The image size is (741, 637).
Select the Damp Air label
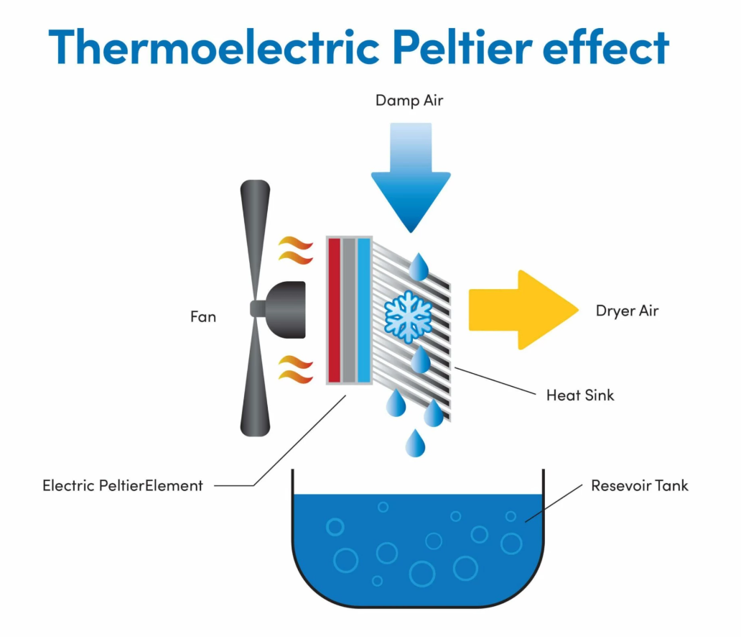click(409, 100)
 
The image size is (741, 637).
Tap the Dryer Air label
click(627, 311)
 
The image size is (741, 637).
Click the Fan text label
click(203, 316)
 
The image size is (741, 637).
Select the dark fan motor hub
click(284, 308)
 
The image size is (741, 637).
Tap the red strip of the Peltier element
click(333, 310)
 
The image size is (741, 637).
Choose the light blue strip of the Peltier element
click(363, 310)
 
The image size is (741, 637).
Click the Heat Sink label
click(580, 395)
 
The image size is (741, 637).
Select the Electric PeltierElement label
click(123, 485)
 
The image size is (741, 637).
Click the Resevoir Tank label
click(639, 485)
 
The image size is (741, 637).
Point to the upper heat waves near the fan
click(296, 250)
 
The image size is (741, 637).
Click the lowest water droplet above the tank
click(415, 444)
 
